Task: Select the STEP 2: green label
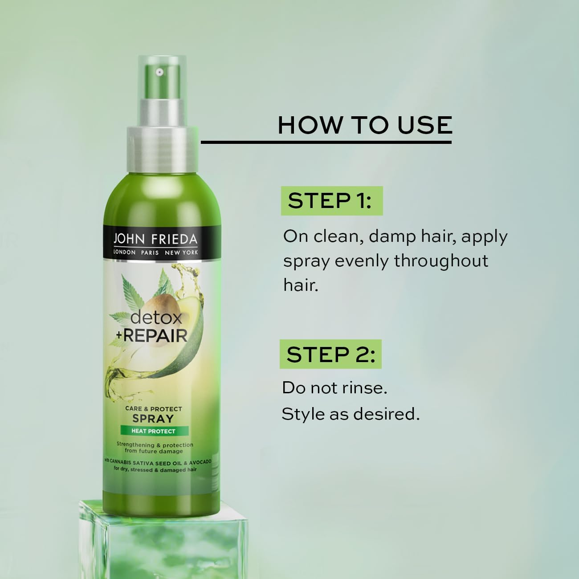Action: pyautogui.click(x=330, y=355)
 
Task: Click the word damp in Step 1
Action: pyautogui.click(x=392, y=236)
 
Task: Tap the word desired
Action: pyautogui.click(x=386, y=414)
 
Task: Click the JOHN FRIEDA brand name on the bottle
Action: pyautogui.click(x=155, y=240)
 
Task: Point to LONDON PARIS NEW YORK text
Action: pyautogui.click(x=155, y=253)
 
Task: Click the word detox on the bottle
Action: pyautogui.click(x=156, y=318)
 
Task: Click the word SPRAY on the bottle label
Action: pyautogui.click(x=153, y=419)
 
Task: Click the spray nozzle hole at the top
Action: pyautogui.click(x=158, y=71)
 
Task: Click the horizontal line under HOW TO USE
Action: pyautogui.click(x=326, y=143)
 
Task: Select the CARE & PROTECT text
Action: pyautogui.click(x=153, y=408)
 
